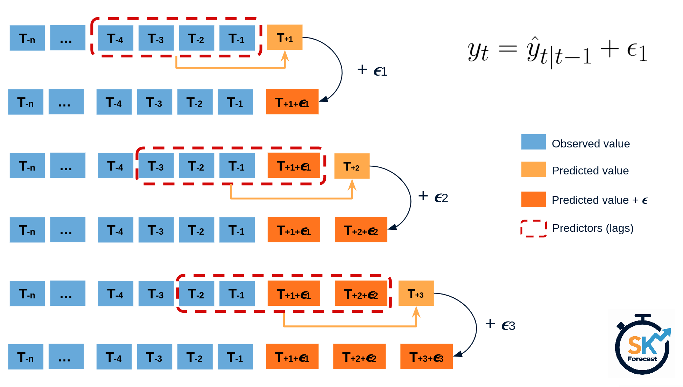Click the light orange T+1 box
point(284,37)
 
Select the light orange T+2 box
point(352,166)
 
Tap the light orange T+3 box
point(416,293)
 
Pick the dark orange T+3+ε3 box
point(426,357)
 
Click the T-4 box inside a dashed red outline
point(115,38)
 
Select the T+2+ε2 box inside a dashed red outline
point(361,293)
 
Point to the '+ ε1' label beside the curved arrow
point(372,70)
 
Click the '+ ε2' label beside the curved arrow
point(433,197)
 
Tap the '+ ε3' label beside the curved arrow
point(500,325)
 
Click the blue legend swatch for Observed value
point(533,142)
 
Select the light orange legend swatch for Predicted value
point(533,169)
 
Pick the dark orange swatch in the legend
point(533,199)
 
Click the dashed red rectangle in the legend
point(533,228)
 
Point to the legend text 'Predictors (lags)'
point(593,228)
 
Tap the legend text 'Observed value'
point(591,144)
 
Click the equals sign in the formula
point(507,49)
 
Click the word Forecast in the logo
point(642,359)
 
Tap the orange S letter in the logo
point(634,345)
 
